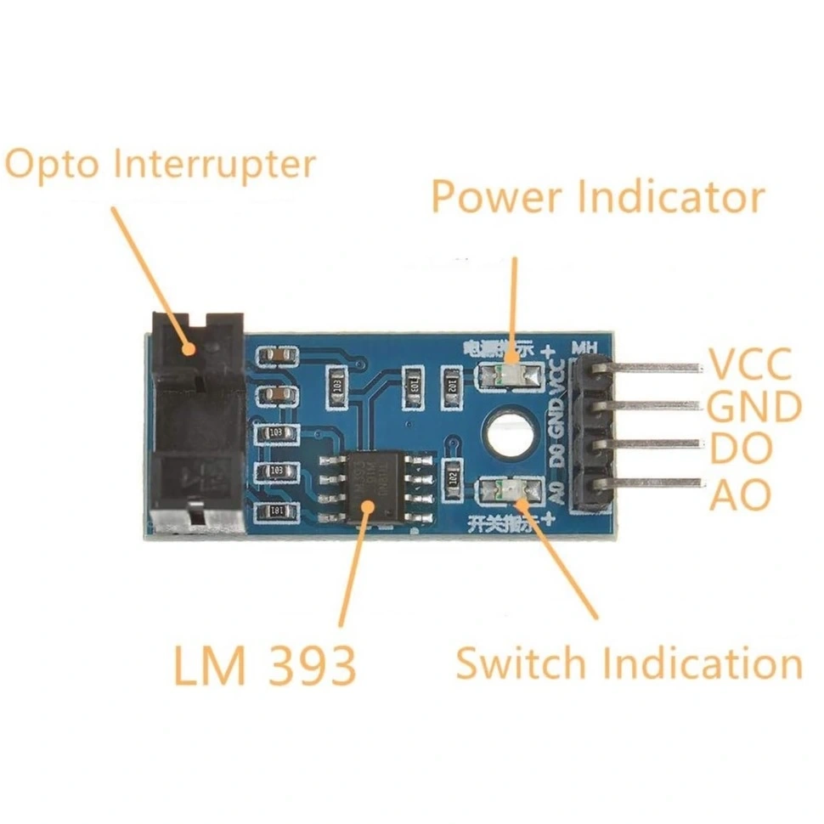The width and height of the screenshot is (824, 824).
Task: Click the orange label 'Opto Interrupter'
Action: tap(160, 165)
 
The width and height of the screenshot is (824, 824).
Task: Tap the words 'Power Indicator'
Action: tap(597, 198)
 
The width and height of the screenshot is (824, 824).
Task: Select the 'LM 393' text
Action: tap(264, 665)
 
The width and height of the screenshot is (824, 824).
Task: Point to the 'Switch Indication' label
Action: tap(629, 663)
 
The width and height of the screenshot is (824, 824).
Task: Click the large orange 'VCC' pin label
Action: tap(751, 364)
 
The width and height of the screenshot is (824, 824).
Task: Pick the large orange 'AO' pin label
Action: tap(740, 494)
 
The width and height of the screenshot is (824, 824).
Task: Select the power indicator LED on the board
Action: tap(510, 375)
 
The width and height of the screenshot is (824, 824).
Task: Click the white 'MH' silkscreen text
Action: tap(585, 347)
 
